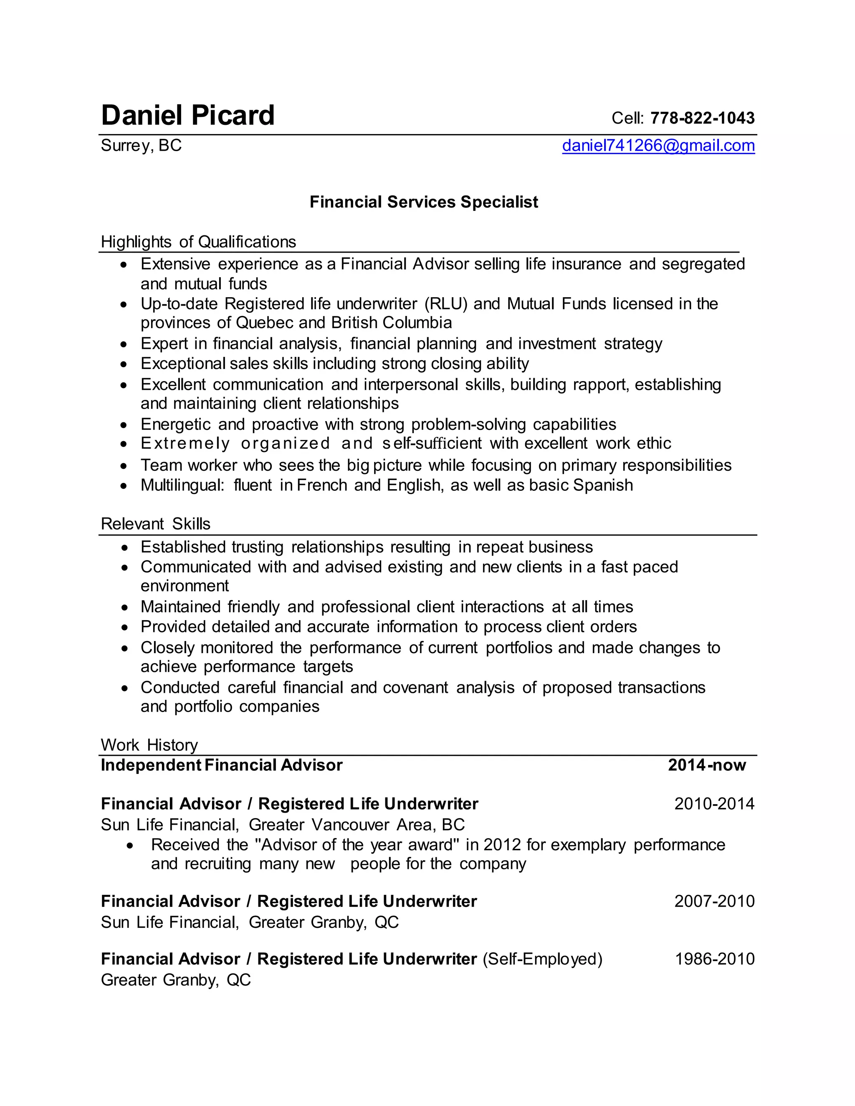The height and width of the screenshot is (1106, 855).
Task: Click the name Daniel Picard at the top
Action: (x=187, y=116)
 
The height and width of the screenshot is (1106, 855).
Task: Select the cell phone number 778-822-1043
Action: (x=702, y=118)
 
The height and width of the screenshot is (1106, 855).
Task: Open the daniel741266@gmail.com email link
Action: (x=658, y=146)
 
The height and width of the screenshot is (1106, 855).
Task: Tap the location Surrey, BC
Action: (x=141, y=146)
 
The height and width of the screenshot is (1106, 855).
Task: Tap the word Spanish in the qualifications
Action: (x=603, y=485)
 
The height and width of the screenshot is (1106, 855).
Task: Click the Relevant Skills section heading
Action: (x=155, y=524)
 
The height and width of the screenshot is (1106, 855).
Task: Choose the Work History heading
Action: (x=149, y=745)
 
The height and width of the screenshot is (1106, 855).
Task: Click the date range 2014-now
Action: (x=707, y=765)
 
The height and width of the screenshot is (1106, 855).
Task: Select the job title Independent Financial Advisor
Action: (x=221, y=765)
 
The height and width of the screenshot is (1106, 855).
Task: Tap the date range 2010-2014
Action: (x=714, y=804)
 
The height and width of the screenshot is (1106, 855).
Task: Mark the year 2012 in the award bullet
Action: (x=502, y=845)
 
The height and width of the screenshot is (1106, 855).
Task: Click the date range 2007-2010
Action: (x=714, y=901)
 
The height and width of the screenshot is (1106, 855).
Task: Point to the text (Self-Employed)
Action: (x=542, y=959)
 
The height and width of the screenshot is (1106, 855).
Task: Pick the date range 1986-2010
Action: (x=714, y=959)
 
